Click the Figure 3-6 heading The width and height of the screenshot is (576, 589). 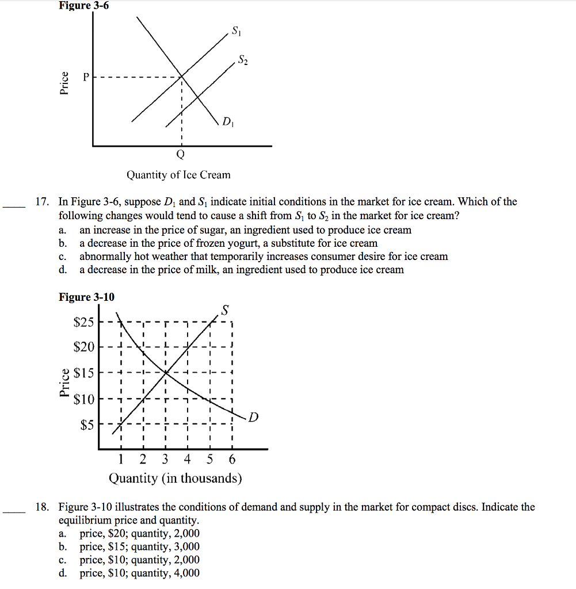tap(83, 6)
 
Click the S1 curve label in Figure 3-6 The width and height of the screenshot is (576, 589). tap(236, 31)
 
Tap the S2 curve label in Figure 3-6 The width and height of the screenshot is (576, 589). tap(243, 60)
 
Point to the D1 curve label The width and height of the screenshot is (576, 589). tap(228, 123)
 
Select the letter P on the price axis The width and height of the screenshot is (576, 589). tap(85, 77)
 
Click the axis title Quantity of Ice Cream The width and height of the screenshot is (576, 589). tap(178, 175)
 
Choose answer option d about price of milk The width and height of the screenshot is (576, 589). tap(241, 270)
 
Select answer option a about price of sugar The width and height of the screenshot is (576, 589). tap(245, 230)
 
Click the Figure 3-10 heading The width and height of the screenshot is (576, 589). tap(86, 297)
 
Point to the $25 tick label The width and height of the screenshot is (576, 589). tap(83, 322)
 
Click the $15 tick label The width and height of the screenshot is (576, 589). tap(83, 373)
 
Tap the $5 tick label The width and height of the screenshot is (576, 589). tap(86, 426)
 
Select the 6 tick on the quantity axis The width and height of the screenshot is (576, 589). tap(231, 460)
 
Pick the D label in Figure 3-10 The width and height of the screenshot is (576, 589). tap(254, 417)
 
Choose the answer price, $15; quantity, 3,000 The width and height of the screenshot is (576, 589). tap(139, 547)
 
